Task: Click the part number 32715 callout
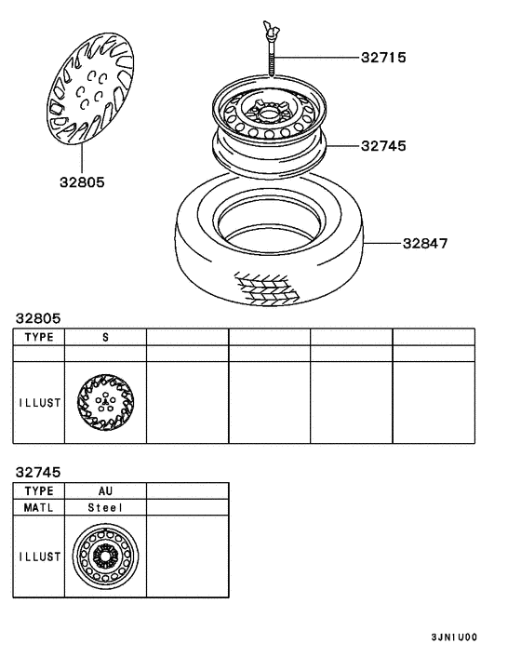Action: click(383, 58)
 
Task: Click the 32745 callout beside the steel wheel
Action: click(383, 146)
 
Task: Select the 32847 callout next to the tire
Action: click(425, 244)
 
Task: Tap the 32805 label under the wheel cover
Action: click(81, 182)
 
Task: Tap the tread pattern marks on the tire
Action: click(268, 288)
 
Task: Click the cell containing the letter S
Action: click(105, 337)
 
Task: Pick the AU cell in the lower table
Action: click(105, 490)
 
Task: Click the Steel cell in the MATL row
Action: click(105, 508)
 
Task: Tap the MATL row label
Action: click(38, 508)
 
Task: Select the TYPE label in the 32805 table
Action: click(38, 337)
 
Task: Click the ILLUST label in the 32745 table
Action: click(38, 556)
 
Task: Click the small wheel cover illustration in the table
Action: click(105, 402)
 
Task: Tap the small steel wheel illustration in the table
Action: click(105, 556)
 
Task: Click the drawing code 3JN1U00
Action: click(453, 638)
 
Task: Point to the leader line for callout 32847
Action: click(386, 244)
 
